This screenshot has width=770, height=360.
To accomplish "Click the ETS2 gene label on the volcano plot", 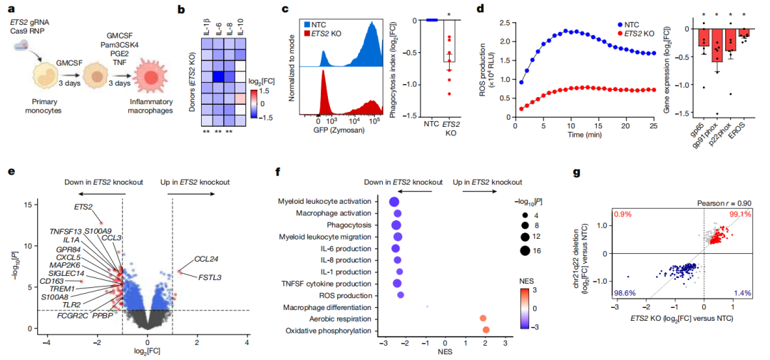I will [x=83, y=207].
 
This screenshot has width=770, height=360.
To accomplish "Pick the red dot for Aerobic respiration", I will [x=483, y=318].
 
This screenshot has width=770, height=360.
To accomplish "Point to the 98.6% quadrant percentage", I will [x=626, y=293].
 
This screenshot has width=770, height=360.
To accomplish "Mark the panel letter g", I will [x=576, y=172].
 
